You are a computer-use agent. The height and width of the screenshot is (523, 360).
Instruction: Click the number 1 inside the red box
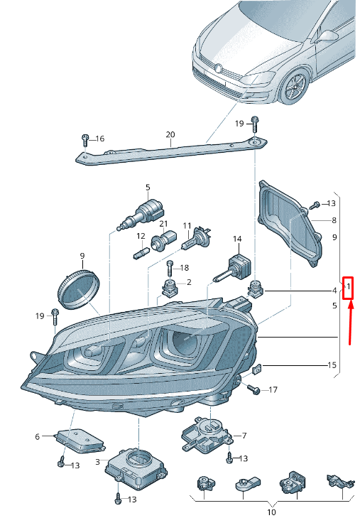[x=349, y=286]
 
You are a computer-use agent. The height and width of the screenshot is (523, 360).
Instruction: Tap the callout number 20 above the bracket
[x=170, y=134]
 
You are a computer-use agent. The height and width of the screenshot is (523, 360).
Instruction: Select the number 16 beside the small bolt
[x=99, y=139]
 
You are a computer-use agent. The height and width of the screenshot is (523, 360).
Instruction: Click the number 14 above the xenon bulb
[x=237, y=239]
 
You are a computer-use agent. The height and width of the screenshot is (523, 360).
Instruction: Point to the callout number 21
[x=163, y=224]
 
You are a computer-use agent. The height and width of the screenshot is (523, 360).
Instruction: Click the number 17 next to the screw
[x=273, y=389]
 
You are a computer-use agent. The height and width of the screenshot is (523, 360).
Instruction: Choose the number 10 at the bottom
[x=272, y=512]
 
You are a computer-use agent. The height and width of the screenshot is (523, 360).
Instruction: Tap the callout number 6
[x=38, y=436]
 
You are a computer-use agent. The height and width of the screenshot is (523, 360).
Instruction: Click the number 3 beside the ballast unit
[x=97, y=462]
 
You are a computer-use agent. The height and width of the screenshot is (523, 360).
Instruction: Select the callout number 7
[x=244, y=436]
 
